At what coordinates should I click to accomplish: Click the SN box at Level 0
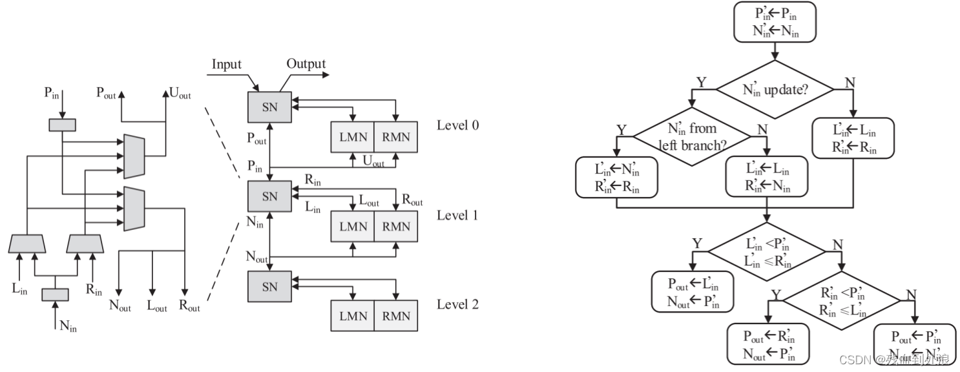coord(269,107)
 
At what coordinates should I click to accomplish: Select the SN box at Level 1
coord(269,196)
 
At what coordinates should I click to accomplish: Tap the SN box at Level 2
coord(269,285)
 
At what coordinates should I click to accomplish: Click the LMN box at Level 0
coord(352,137)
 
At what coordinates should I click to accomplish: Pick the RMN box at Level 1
coord(396,227)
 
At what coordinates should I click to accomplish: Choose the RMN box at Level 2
coord(396,316)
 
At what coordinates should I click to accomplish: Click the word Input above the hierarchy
coord(226,64)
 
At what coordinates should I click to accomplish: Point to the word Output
coord(306,64)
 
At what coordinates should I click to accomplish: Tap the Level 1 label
coord(457,215)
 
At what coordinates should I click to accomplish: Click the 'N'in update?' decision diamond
coord(771,90)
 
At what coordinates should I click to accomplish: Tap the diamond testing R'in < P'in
coord(842,300)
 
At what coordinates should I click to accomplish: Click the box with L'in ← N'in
coord(616,178)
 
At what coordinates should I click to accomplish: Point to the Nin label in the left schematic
coord(68,325)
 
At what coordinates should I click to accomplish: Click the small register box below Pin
coord(62,124)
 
